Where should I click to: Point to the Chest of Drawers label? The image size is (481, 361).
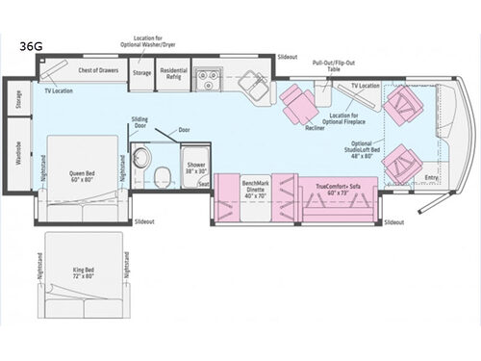click(97, 70)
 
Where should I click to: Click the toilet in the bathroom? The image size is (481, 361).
click(165, 175)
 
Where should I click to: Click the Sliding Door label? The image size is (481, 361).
click(139, 122)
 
